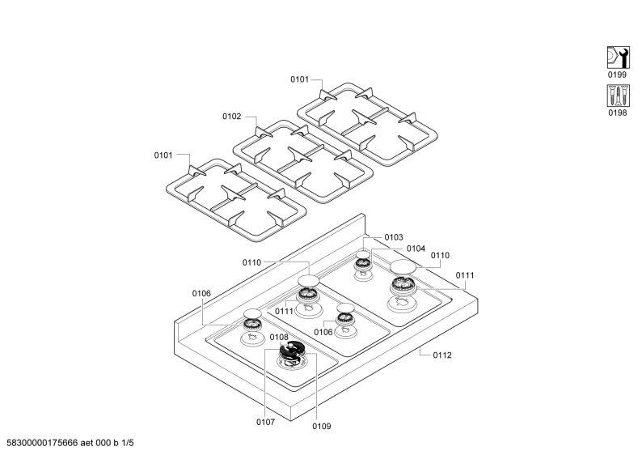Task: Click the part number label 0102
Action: [x=232, y=117]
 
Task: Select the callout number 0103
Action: [x=394, y=237]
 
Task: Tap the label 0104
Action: [x=416, y=249]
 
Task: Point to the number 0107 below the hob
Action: [x=266, y=422]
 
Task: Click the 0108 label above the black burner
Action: [x=279, y=337]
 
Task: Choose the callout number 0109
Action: [x=322, y=427]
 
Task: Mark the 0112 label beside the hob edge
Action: [x=442, y=355]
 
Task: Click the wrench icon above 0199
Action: [x=618, y=57]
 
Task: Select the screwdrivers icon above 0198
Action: [x=618, y=96]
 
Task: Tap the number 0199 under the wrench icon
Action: [x=617, y=74]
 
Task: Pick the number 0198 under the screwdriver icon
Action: [x=618, y=113]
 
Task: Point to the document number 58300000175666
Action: [x=42, y=443]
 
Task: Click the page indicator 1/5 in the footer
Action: [x=127, y=443]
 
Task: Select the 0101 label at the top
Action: [x=300, y=79]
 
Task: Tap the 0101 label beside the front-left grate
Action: [x=163, y=155]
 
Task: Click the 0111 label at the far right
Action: [x=465, y=275]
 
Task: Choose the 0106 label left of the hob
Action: [x=201, y=294]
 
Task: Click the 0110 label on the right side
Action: [x=440, y=255]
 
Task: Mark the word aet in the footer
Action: [x=87, y=443]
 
